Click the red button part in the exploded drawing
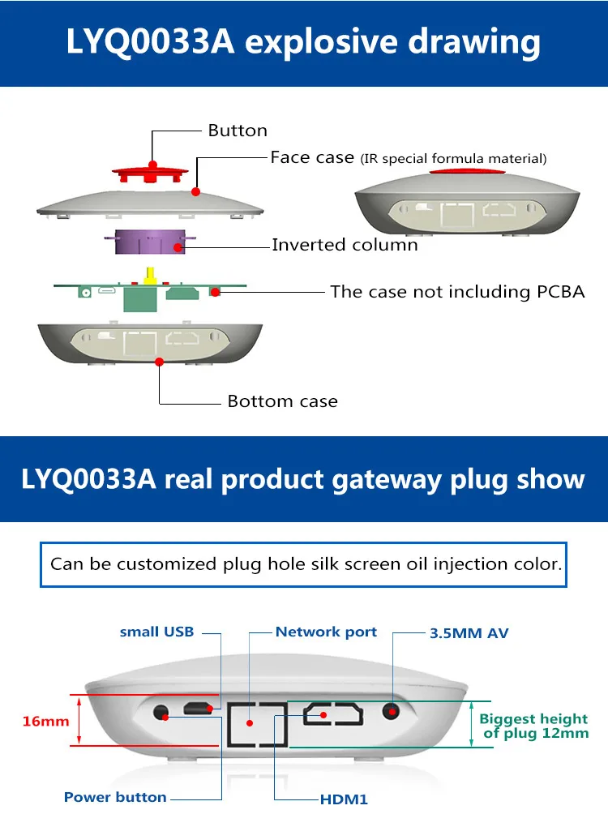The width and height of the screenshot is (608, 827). [x=150, y=173]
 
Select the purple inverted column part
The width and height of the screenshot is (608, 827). [x=150, y=242]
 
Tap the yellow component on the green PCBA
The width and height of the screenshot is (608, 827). [x=150, y=276]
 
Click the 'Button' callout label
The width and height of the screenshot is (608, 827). [x=238, y=131]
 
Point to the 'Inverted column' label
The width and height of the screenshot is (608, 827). [x=345, y=245]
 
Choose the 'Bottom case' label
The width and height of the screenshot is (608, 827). [x=283, y=401]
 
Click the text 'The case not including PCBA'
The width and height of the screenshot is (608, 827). [x=458, y=292]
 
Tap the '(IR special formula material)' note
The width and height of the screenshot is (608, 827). [x=453, y=159]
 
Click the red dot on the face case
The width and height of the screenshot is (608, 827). [x=195, y=192]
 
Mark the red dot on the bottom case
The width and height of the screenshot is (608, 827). [x=159, y=362]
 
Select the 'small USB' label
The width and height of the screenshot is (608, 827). [x=156, y=632]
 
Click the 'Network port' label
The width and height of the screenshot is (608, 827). [x=327, y=632]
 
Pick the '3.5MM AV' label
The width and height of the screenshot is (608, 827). [x=469, y=633]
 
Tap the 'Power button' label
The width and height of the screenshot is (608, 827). [x=115, y=797]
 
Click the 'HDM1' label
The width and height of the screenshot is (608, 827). [x=344, y=799]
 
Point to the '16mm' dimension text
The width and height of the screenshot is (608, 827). [x=46, y=721]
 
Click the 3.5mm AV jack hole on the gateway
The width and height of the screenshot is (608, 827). [x=391, y=711]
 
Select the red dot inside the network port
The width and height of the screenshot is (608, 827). [x=250, y=723]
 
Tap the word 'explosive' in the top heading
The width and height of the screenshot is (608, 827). [x=321, y=42]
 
